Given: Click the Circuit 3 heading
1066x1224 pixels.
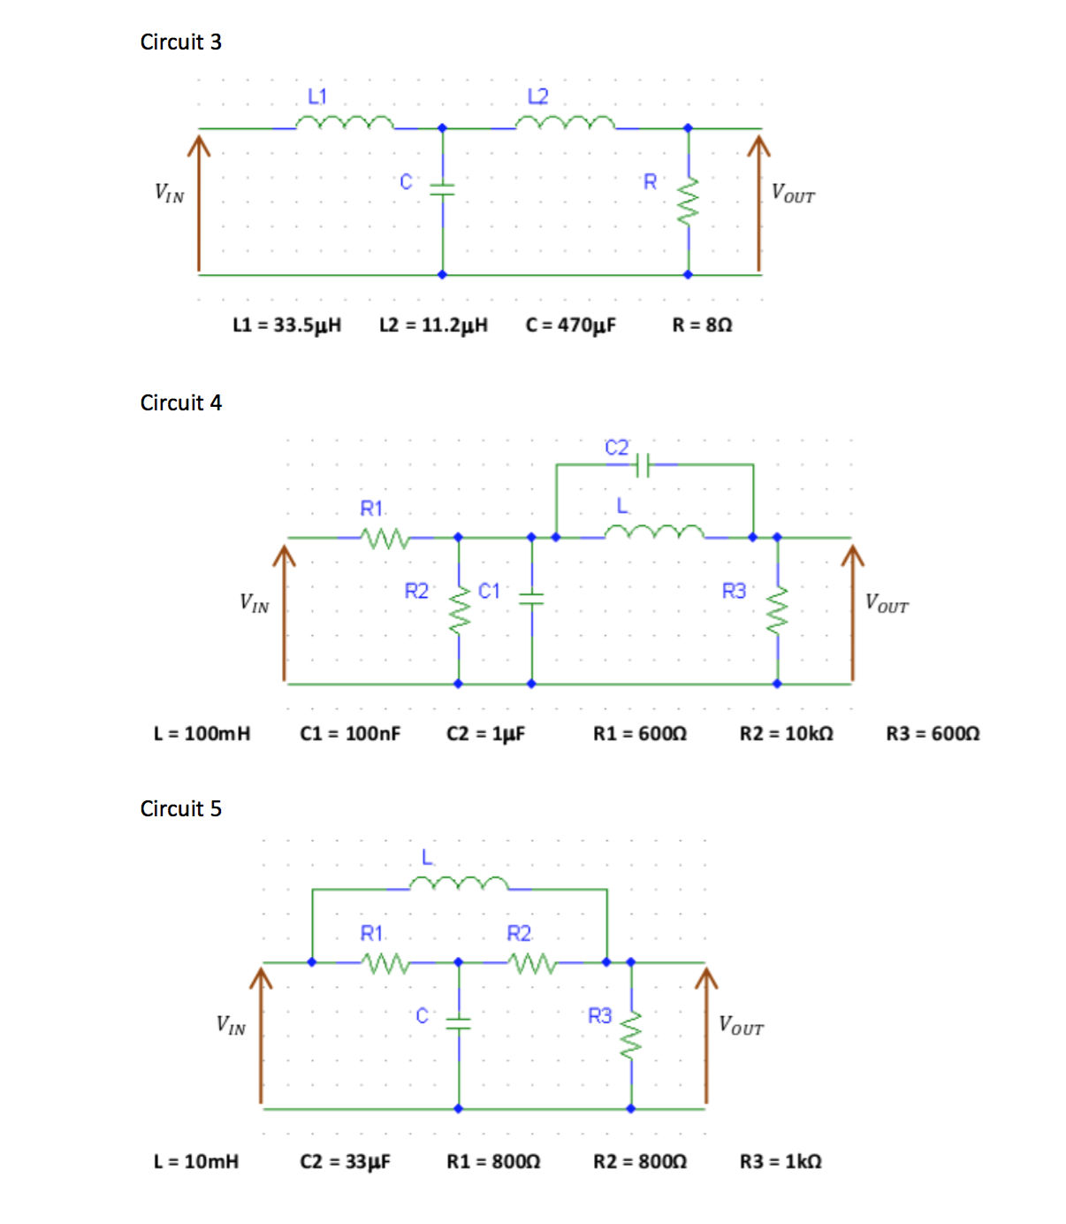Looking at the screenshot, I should (x=180, y=42).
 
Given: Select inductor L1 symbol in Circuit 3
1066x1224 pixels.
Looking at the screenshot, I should (x=345, y=123).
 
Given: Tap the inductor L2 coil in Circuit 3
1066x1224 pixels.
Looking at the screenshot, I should (x=565, y=123).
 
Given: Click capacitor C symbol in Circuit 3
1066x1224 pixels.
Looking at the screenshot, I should (x=442, y=188).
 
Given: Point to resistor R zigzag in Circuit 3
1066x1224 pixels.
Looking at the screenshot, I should (x=688, y=201).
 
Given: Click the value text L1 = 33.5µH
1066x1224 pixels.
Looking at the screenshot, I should (x=286, y=325).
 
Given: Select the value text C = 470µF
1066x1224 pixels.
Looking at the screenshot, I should (x=570, y=325).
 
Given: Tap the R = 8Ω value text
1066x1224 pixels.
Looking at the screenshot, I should (x=702, y=325).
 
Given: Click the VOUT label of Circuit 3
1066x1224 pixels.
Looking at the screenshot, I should (x=793, y=194).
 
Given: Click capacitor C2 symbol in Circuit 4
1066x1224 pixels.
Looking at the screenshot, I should (x=643, y=463).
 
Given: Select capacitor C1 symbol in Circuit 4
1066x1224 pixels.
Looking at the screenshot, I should (x=531, y=599).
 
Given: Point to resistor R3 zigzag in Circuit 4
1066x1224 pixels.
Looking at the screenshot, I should (x=777, y=609).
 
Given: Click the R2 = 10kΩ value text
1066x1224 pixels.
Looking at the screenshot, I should (x=786, y=733).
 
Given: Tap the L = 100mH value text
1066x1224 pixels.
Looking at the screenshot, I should (x=202, y=733).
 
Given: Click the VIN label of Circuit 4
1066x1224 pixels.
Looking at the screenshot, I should (x=255, y=603).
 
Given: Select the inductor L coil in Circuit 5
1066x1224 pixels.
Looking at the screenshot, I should (x=459, y=884).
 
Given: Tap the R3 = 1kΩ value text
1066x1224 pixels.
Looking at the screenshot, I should (x=780, y=1161).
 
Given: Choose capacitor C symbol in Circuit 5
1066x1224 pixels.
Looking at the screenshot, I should (x=458, y=1023).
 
